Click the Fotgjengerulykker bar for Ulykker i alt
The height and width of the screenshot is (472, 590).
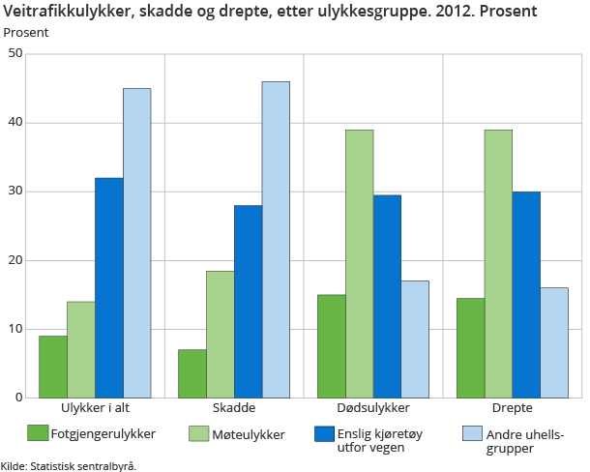tap(53, 367)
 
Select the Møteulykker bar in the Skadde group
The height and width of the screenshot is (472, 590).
tap(220, 334)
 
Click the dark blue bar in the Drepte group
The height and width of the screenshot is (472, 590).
tap(526, 294)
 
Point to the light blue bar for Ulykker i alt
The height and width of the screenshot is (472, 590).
tap(136, 243)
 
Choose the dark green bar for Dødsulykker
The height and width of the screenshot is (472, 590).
tap(331, 345)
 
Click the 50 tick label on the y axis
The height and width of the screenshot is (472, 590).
tap(15, 54)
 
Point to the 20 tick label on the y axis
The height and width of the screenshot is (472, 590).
tap(15, 260)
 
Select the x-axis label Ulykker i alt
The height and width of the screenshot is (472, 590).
tap(95, 409)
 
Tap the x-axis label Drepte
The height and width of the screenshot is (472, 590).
tap(513, 409)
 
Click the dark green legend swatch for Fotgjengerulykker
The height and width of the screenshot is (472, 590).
tap(38, 432)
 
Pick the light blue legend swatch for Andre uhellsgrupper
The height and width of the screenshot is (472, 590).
tap(473, 432)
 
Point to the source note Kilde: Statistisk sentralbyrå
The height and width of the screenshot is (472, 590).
tap(69, 465)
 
